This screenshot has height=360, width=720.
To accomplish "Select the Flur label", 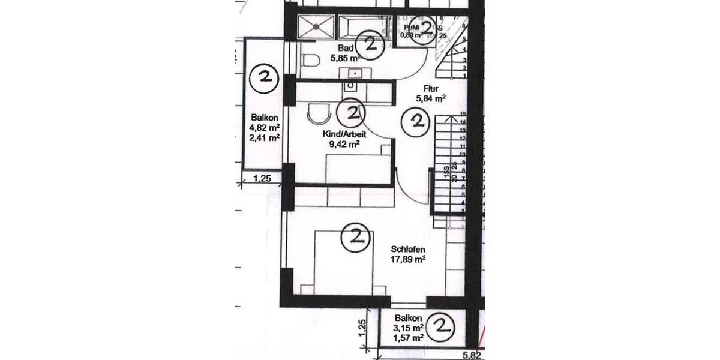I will (431, 88).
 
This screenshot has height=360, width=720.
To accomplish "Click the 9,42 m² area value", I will (344, 144).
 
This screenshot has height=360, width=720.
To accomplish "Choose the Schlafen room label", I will (408, 249).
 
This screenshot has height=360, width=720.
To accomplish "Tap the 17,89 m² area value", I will (408, 259).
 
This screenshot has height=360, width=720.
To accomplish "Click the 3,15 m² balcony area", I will (409, 328).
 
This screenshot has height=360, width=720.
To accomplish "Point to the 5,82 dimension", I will (471, 355).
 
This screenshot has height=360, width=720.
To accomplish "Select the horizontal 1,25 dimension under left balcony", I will (262, 178).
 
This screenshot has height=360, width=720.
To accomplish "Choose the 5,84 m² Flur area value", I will (431, 98).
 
